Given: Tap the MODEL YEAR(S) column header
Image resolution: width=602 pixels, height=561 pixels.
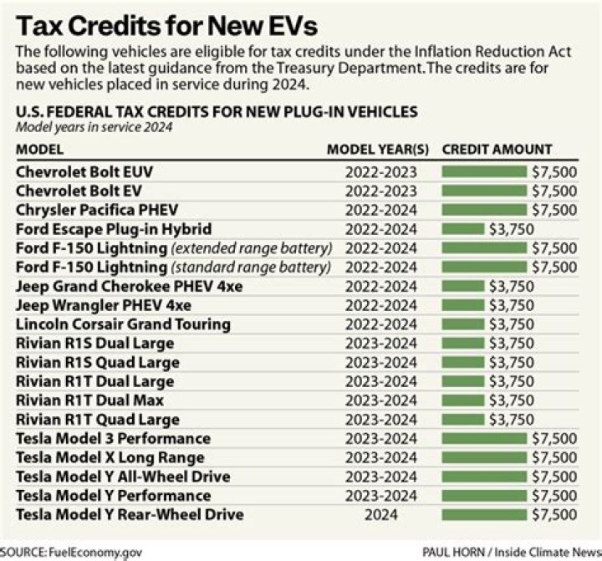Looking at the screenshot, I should (377, 150).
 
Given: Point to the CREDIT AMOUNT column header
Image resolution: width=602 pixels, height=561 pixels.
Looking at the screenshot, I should (497, 150).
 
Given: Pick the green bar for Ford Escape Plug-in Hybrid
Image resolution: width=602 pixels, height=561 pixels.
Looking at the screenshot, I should (462, 228).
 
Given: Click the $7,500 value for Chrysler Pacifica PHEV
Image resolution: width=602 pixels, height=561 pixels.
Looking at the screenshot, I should (554, 209).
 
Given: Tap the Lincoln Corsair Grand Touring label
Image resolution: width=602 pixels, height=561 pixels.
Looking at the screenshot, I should (123, 324).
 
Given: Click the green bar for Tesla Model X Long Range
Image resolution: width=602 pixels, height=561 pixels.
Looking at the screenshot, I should (484, 457).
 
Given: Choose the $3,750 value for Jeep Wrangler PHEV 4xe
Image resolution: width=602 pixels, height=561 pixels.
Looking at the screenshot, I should (511, 305).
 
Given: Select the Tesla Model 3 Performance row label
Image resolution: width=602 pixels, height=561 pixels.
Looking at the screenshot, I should (113, 438).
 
